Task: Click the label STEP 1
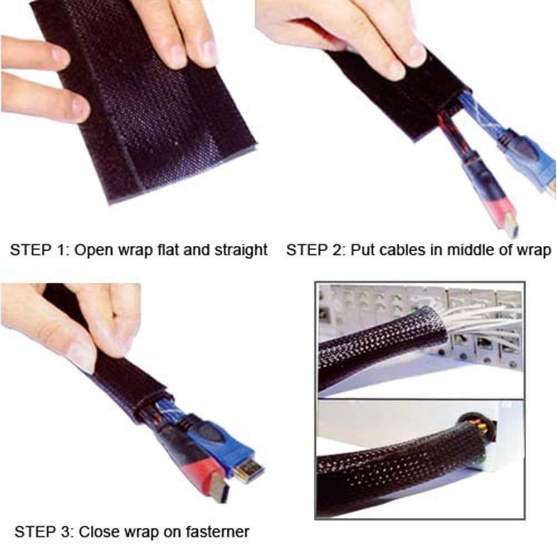(38, 250)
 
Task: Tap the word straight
(241, 250)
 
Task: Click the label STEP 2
(314, 250)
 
